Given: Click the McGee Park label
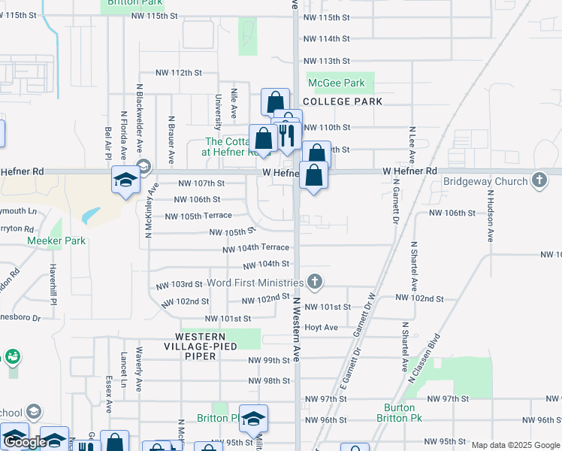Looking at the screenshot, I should pyautogui.click(x=336, y=83).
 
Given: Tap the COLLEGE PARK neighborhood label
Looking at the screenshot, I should pyautogui.click(x=343, y=101).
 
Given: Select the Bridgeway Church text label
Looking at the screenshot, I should pyautogui.click(x=485, y=181).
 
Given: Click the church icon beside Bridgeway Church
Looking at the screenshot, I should pyautogui.click(x=539, y=180).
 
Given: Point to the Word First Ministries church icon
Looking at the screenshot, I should pyautogui.click(x=315, y=282).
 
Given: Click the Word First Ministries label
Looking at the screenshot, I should pyautogui.click(x=254, y=283).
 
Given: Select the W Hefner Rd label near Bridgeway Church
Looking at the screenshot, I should pyautogui.click(x=409, y=171).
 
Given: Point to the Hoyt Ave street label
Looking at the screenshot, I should pyautogui.click(x=320, y=328).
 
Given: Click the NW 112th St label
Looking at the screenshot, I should pyautogui.click(x=179, y=73).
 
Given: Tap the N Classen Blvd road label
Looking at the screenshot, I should pyautogui.click(x=423, y=358).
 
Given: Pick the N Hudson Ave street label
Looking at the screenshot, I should pyautogui.click(x=489, y=215).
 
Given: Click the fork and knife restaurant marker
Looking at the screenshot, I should pyautogui.click(x=287, y=135).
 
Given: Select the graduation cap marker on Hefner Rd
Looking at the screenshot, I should pyautogui.click(x=126, y=180).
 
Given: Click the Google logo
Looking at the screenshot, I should pyautogui.click(x=25, y=442).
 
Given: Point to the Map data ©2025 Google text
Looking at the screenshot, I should pyautogui.click(x=515, y=445).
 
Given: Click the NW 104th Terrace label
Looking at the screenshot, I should pyautogui.click(x=255, y=247).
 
